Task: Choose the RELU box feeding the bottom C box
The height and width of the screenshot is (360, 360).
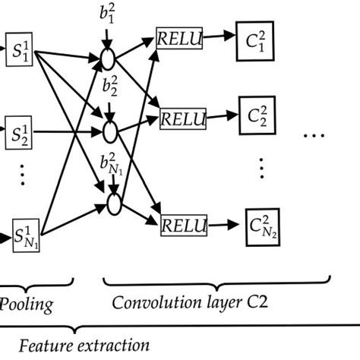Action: coord(184,225)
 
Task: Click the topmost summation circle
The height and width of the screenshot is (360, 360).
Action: coord(112,57)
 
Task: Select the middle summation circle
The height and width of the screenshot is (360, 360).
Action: coord(112,131)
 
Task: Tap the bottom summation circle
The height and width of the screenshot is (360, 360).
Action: coord(115,204)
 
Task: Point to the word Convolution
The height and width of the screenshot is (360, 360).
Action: coord(148,305)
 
